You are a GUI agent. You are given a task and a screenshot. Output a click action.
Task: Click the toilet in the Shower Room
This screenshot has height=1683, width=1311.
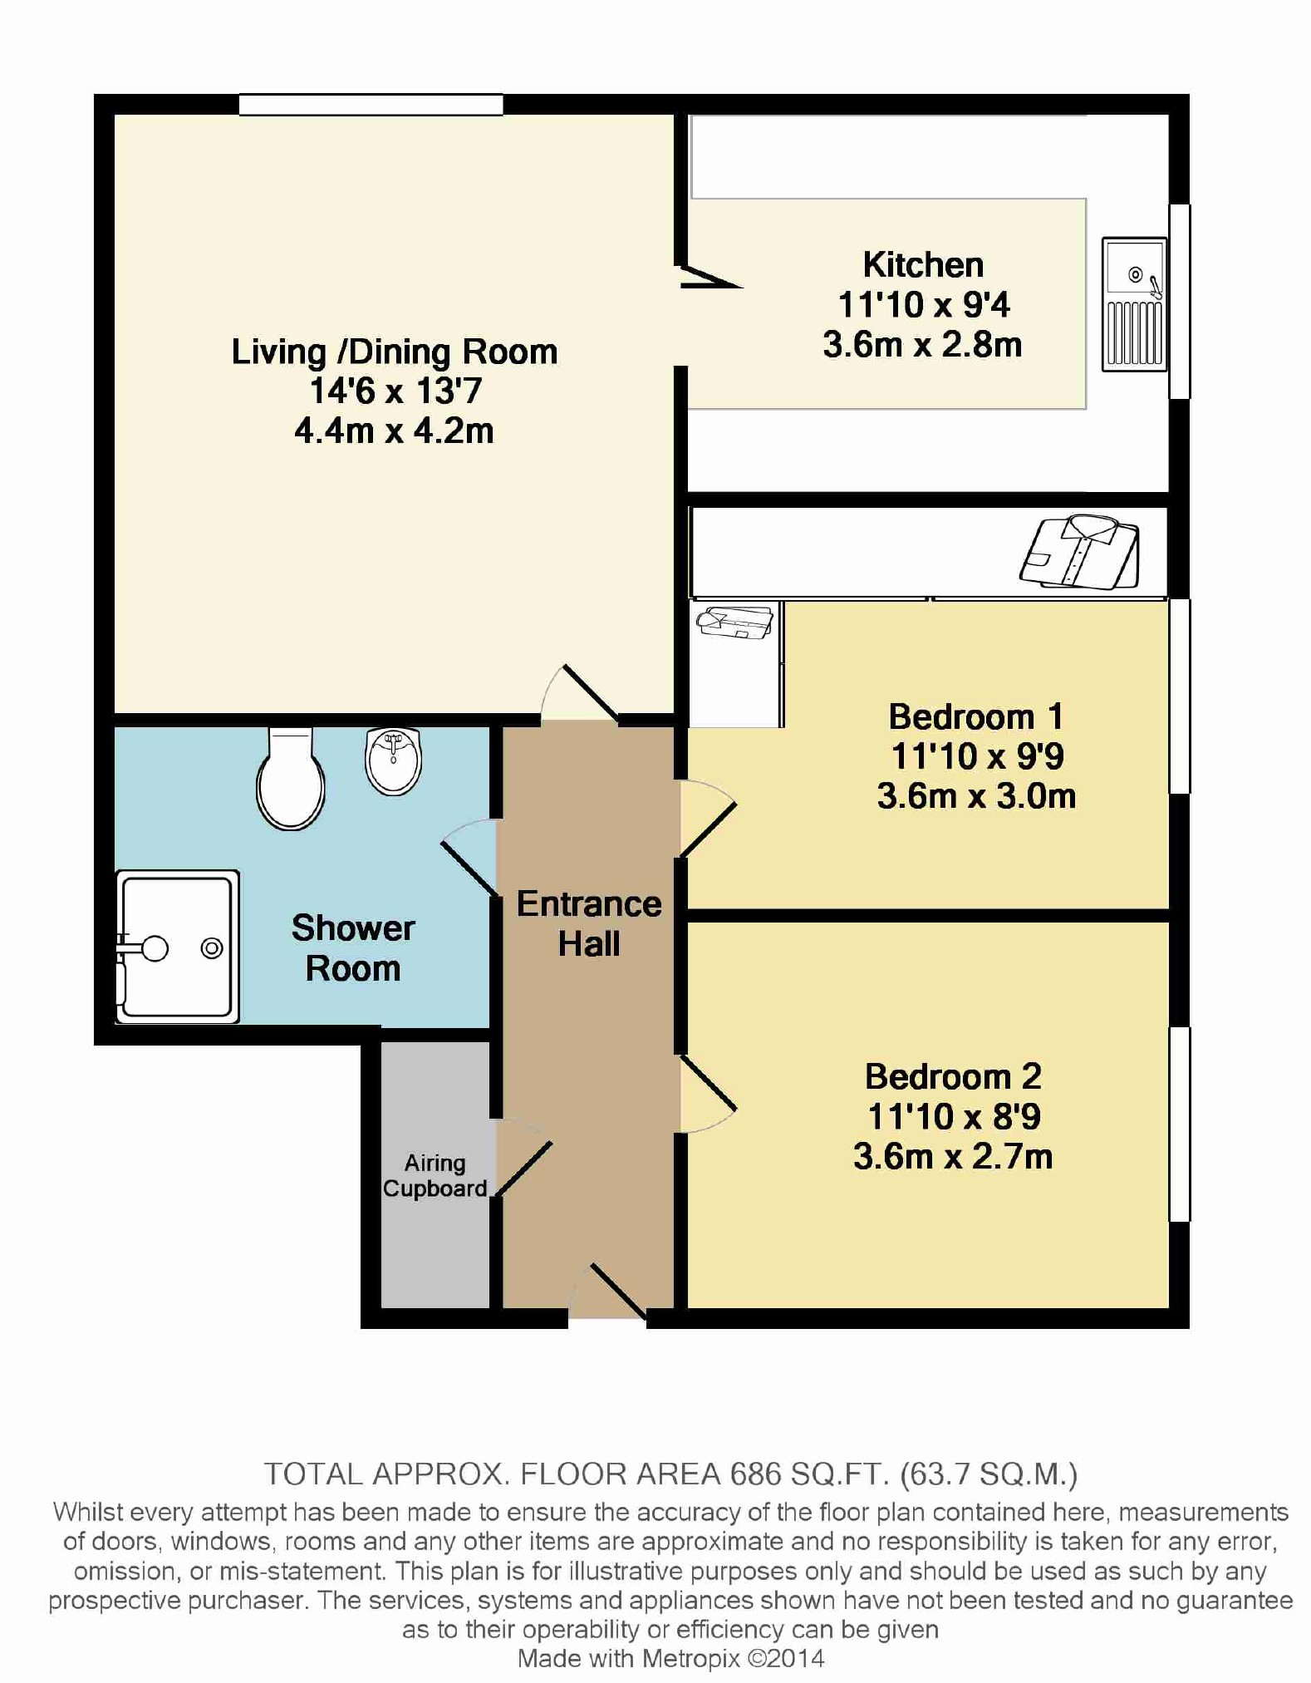pyautogui.click(x=290, y=779)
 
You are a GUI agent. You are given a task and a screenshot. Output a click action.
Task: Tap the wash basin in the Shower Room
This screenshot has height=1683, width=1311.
pyautogui.click(x=394, y=760)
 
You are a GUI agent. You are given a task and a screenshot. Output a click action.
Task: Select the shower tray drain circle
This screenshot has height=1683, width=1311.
pyautogui.click(x=212, y=947)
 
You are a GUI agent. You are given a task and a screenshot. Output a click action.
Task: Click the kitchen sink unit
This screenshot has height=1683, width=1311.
pyautogui.click(x=1134, y=304)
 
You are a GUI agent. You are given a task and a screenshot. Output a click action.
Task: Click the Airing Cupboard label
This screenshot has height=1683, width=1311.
pyautogui.click(x=435, y=1175)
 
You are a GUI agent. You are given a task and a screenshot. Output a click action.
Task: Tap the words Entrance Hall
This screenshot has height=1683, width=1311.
pyautogui.click(x=589, y=923)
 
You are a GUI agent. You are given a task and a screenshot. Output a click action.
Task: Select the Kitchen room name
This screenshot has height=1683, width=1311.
pyautogui.click(x=923, y=265)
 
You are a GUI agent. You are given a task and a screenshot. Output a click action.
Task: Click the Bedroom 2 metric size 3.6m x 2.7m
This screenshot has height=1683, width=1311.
pyautogui.click(x=953, y=1156)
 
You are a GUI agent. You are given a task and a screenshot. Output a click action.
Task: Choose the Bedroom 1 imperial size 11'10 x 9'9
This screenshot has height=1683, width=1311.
pyautogui.click(x=977, y=756)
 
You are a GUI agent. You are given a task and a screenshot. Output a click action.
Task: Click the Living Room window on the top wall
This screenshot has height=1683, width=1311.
pyautogui.click(x=371, y=105)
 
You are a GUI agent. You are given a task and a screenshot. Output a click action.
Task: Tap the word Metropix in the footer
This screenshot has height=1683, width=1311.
pyautogui.click(x=690, y=1659)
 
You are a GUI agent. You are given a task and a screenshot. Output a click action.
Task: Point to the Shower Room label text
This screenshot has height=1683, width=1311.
pyautogui.click(x=353, y=948)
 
